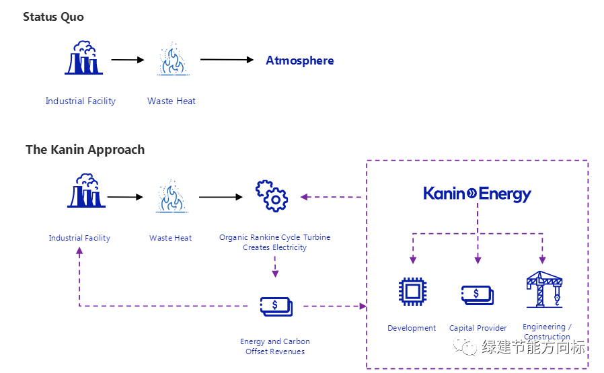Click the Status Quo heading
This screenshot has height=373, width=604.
[53, 17]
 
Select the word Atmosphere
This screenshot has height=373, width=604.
[299, 60]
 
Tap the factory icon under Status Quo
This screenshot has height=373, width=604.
[83, 58]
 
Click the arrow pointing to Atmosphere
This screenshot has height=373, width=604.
[229, 60]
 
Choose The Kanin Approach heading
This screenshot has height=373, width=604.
[85, 149]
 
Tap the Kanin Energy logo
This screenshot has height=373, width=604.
[477, 194]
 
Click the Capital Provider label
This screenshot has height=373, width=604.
[478, 328]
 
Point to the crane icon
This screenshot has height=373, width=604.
[543, 289]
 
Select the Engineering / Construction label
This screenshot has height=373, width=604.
[547, 331]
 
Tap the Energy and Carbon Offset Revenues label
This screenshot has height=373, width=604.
[274, 346]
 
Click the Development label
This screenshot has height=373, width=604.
[412, 328]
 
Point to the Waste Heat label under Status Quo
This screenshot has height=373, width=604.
[172, 101]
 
